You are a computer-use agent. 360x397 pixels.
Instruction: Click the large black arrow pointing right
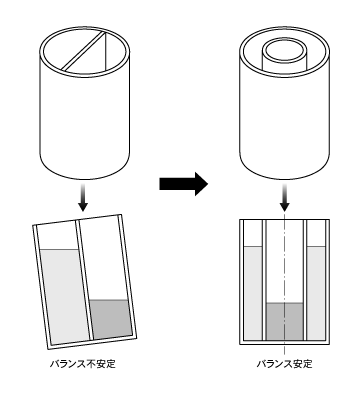183,184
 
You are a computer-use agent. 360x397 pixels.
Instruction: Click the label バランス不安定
83,364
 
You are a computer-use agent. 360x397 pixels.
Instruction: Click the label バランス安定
284,364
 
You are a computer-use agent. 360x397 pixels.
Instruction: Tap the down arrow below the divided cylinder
83,198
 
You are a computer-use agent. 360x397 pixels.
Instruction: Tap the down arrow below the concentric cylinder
284,198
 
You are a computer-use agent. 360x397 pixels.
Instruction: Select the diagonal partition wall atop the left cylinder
84,51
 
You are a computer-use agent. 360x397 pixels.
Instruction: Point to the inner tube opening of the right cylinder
284,51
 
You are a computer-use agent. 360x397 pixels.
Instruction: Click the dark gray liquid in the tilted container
111,319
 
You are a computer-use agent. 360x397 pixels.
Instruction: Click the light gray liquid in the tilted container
65,296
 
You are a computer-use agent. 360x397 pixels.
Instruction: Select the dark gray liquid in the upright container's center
284,322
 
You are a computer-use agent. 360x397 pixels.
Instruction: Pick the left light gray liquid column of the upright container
253,293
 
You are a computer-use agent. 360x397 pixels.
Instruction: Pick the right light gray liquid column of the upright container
316,293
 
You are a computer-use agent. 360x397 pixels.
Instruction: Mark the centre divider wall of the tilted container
84,280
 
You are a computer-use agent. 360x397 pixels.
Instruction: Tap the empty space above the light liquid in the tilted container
57,236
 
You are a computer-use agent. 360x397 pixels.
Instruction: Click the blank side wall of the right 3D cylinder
284,120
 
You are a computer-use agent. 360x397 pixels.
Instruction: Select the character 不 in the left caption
92,364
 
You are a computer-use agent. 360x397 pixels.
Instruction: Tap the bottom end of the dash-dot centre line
284,355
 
